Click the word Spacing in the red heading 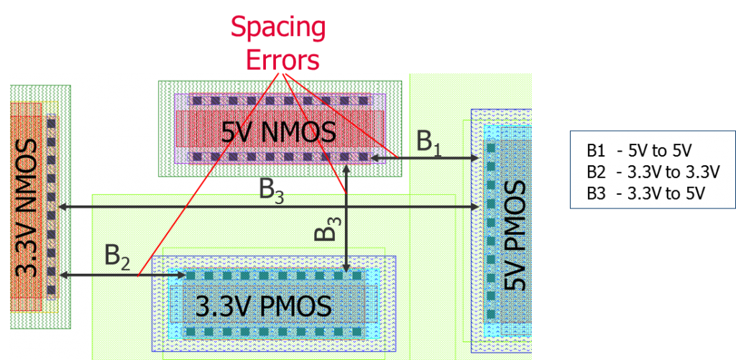pyautogui.click(x=278, y=29)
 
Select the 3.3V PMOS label pyautogui.click(x=264, y=307)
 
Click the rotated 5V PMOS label pyautogui.click(x=516, y=235)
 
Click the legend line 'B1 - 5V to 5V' pyautogui.click(x=639, y=151)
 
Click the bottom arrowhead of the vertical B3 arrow pyautogui.click(x=347, y=269)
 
